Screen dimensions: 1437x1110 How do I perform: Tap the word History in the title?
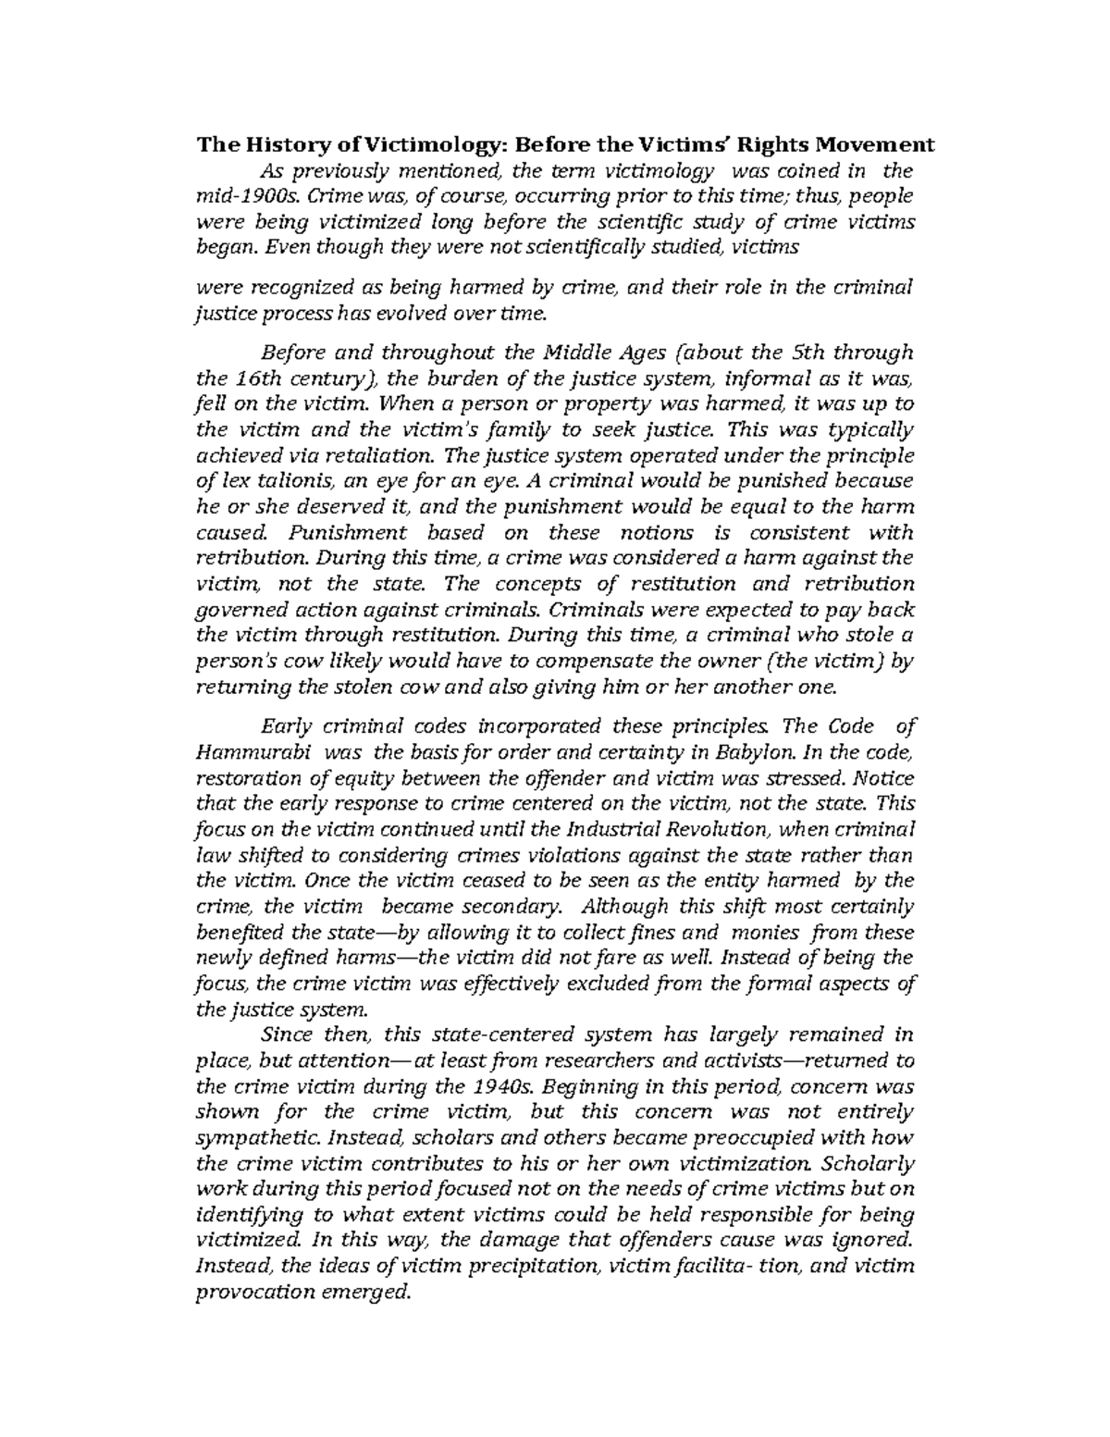[x=272, y=144]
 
